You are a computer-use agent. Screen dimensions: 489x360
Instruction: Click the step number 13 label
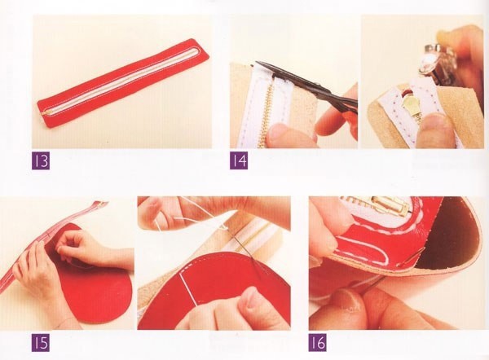pyautogui.click(x=41, y=160)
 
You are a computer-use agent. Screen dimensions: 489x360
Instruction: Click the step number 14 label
pyautogui.click(x=239, y=160)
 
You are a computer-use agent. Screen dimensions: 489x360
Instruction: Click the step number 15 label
pyautogui.click(x=41, y=343)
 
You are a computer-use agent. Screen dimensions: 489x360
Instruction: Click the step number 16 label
pyautogui.click(x=318, y=343)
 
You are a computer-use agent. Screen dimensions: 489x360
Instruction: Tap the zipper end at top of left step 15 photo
pyautogui.click(x=100, y=204)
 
